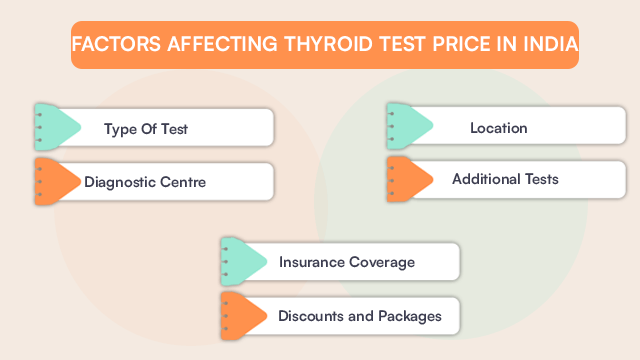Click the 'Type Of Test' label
pyautogui.click(x=146, y=129)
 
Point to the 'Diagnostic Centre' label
pyautogui.click(x=145, y=182)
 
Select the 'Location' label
pyautogui.click(x=498, y=128)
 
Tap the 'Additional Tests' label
pyautogui.click(x=505, y=180)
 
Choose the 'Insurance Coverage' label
pyautogui.click(x=346, y=262)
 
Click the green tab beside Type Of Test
pyautogui.click(x=55, y=127)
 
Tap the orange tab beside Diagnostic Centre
pyautogui.click(x=55, y=180)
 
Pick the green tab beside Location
pyautogui.click(x=407, y=127)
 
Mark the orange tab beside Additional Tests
pyautogui.click(x=407, y=179)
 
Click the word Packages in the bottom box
pyautogui.click(x=407, y=316)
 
